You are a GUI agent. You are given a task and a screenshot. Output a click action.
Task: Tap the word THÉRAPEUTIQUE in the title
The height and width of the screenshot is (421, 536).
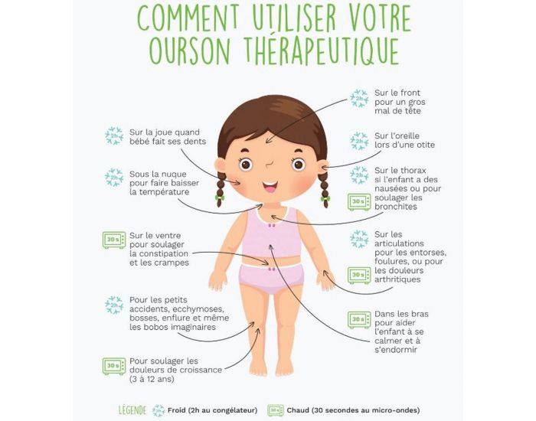click(x=322, y=50)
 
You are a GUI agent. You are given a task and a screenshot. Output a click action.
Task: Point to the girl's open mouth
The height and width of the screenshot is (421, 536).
click(x=270, y=186)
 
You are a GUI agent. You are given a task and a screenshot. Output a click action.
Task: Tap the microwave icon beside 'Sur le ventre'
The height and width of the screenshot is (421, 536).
click(x=114, y=240)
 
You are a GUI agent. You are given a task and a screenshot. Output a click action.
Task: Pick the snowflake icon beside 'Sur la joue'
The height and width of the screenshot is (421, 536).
click(x=114, y=136)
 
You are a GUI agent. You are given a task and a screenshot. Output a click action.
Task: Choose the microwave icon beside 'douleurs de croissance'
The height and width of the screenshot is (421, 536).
click(x=114, y=365)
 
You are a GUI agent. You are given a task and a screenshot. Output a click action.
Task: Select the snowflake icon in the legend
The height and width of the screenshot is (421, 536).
click(x=159, y=410)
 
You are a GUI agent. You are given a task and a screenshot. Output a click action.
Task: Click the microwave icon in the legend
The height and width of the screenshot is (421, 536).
click(x=275, y=410)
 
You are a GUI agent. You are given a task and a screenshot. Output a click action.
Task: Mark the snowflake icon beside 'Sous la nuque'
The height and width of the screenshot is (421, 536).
click(x=114, y=178)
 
